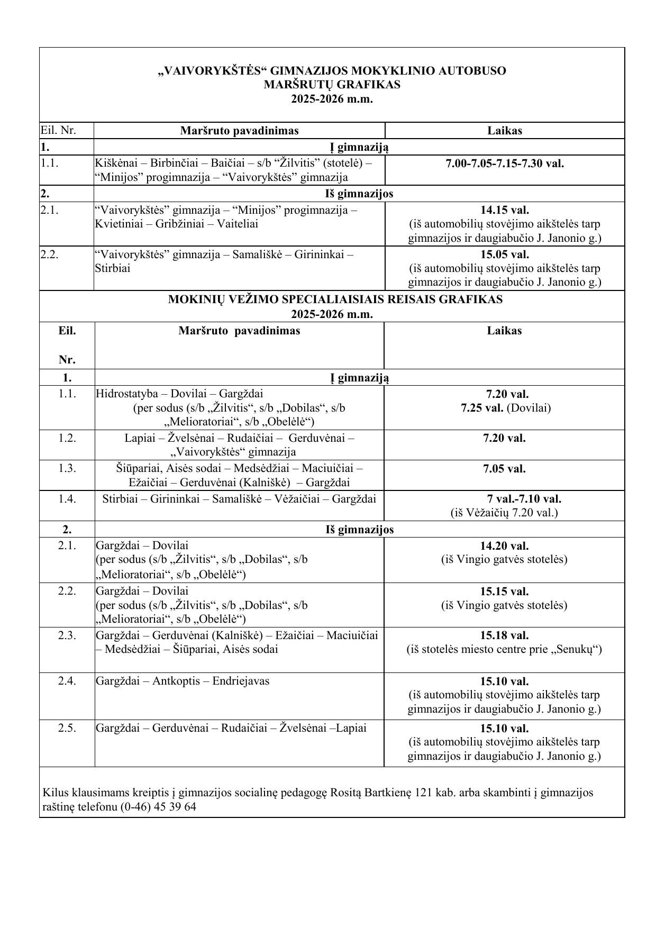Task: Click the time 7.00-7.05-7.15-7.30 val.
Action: click(x=504, y=163)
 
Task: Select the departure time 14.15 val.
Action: click(x=504, y=210)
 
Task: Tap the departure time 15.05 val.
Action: click(x=504, y=254)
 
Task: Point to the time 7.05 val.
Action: click(x=504, y=469)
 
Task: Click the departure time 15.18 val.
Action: click(x=504, y=635)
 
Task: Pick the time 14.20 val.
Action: click(x=504, y=545)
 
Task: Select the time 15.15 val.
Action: click(x=504, y=592)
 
